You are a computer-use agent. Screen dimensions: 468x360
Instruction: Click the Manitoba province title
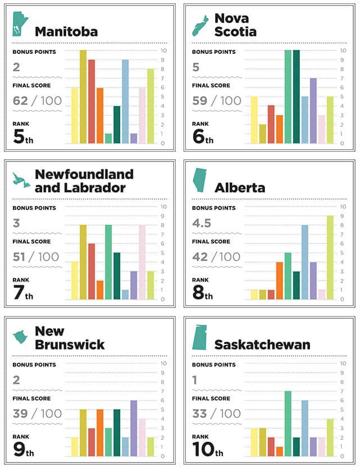coord(66,31)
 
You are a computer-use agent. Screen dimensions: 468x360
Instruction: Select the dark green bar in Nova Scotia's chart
coord(296,97)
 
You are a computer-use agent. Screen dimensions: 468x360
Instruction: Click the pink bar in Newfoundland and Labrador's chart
coord(142,262)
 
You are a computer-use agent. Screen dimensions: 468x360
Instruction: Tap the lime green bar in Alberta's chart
coord(330,258)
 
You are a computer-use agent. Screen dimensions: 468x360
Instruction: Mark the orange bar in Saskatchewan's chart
coord(279,452)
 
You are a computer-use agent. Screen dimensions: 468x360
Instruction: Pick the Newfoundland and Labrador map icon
coord(21,179)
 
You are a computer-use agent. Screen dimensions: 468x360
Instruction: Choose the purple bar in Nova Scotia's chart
coord(313,111)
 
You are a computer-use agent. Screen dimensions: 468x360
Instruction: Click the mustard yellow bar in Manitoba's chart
coord(83,97)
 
